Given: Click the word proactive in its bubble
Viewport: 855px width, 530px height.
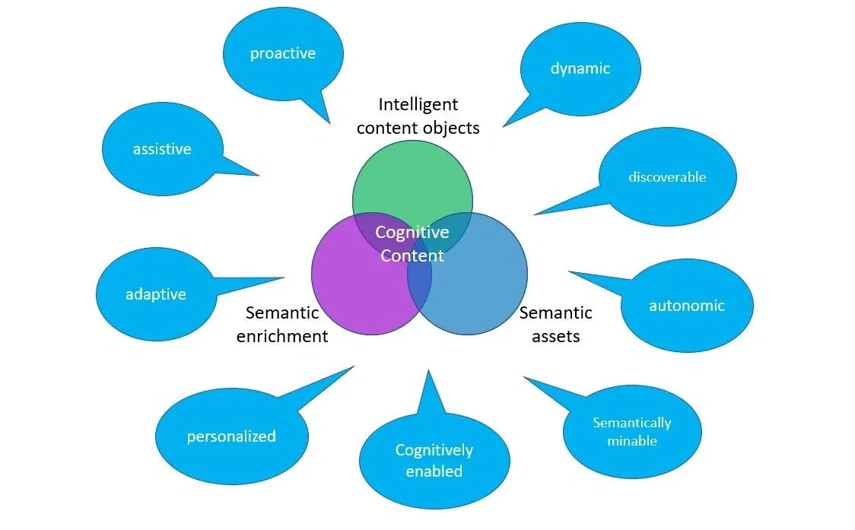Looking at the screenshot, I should click(282, 53).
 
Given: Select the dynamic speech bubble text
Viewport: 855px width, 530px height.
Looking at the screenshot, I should click(580, 68).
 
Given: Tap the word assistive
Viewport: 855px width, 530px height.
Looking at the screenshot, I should click(162, 149).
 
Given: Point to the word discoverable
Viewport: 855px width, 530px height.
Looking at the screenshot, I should click(667, 176).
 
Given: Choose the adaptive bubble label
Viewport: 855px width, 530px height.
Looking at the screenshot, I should click(155, 294).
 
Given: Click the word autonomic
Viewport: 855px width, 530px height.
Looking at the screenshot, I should click(686, 306).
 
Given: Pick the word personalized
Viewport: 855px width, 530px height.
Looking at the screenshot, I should click(231, 436).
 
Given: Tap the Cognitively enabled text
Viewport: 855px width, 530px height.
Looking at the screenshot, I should click(434, 461).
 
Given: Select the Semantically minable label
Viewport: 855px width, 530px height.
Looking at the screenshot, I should click(632, 431).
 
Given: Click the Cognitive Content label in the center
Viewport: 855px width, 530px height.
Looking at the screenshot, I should click(412, 244).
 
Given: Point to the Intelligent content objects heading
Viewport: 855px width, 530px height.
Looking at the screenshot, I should click(418, 116).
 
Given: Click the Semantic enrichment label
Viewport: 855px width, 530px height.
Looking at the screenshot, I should click(282, 324).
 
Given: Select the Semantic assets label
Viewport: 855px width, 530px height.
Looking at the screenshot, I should click(555, 324).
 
